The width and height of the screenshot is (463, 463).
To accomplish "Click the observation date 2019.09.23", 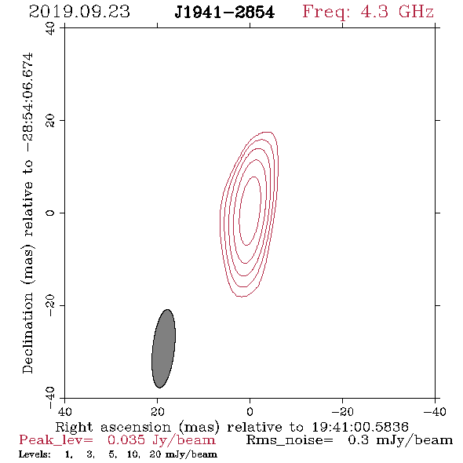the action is (79, 12).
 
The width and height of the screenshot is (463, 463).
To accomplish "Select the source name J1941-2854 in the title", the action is (224, 13).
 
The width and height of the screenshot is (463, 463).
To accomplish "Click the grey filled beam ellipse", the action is (163, 348).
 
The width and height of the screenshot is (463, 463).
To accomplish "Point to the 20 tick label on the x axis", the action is (157, 411).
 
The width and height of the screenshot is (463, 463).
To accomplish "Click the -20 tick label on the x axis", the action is (343, 411).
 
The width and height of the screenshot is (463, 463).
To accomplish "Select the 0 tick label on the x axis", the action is (250, 411).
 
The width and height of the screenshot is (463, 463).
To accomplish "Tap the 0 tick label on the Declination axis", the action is (50, 213).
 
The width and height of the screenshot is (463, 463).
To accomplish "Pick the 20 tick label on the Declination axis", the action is (50, 121).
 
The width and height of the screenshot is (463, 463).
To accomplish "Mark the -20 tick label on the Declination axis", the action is (50, 305).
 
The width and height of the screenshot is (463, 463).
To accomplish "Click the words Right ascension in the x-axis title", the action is (113, 427).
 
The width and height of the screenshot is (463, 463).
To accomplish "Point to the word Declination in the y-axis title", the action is (27, 333).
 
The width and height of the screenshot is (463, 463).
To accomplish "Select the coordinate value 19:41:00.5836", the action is (360, 427).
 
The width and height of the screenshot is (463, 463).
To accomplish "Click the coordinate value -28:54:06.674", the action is (27, 102).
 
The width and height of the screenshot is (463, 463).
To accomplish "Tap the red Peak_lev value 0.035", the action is (126, 440).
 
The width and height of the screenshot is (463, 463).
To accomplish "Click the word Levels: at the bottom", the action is (35, 454).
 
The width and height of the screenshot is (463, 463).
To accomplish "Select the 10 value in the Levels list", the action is (133, 454).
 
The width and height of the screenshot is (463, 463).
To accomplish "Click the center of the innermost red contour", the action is (250, 211).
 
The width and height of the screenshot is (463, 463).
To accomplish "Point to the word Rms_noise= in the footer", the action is (290, 440).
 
